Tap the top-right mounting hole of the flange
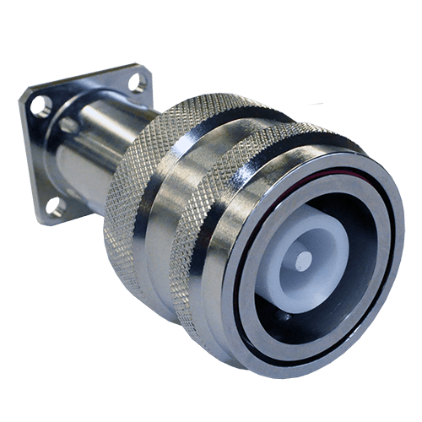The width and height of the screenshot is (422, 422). pos(137,82)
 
